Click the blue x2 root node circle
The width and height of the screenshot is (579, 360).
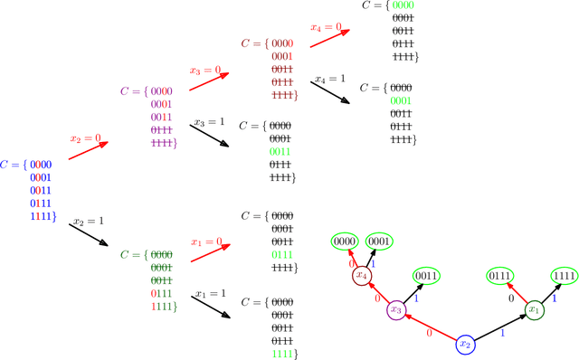tap(465, 344)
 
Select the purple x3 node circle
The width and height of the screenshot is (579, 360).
tap(395, 309)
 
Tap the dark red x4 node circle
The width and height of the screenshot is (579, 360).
tap(362, 275)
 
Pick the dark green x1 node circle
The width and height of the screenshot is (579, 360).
tap(534, 309)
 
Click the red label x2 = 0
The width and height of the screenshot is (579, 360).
tap(86, 138)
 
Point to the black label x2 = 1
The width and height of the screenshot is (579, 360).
tap(86, 221)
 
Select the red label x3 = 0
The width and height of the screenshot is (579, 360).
tap(205, 71)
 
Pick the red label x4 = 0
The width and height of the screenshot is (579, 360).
tap(326, 28)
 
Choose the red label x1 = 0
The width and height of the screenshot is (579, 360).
tap(206, 242)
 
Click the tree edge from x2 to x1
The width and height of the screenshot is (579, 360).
tap(499, 327)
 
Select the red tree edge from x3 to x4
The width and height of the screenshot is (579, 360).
tap(379, 292)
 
